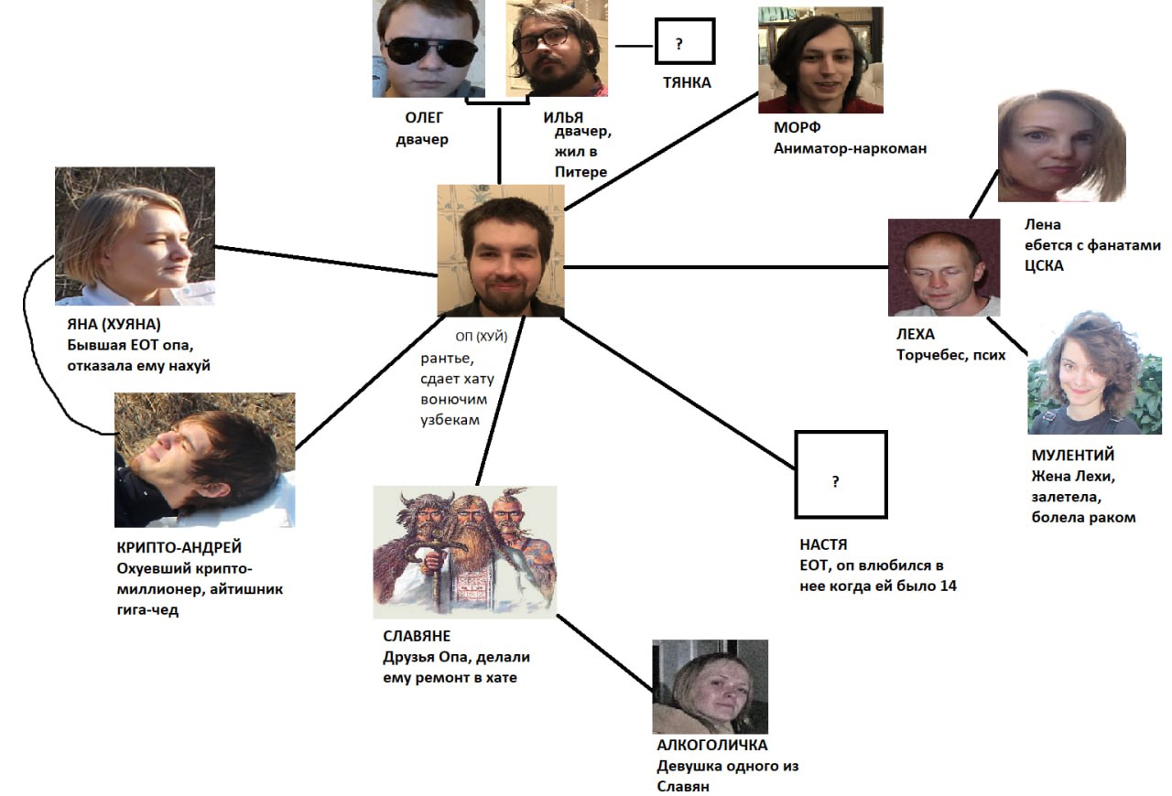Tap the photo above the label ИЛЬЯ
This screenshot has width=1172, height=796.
pyautogui.click(x=556, y=48)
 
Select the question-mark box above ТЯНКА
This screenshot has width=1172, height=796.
pyautogui.click(x=684, y=42)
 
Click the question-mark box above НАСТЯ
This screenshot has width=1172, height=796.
pyautogui.click(x=841, y=475)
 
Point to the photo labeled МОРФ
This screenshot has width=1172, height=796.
pyautogui.click(x=820, y=60)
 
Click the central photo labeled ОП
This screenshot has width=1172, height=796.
pyautogui.click(x=500, y=251)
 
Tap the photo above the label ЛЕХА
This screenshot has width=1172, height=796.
pyautogui.click(x=943, y=267)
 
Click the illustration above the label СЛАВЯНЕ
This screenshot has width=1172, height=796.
pyautogui.click(x=465, y=552)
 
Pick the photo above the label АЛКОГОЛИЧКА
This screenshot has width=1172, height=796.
pyautogui.click(x=710, y=686)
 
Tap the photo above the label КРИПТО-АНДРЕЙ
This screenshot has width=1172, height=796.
pyautogui.click(x=204, y=459)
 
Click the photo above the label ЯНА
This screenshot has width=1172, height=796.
pyautogui.click(x=135, y=235)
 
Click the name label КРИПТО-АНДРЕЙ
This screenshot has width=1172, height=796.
pyautogui.click(x=174, y=547)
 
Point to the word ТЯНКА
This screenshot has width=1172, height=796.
pyautogui.click(x=687, y=83)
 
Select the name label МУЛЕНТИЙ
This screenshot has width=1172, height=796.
pyautogui.click(x=1072, y=455)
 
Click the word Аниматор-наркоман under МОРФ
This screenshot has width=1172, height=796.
pyautogui.click(x=850, y=147)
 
